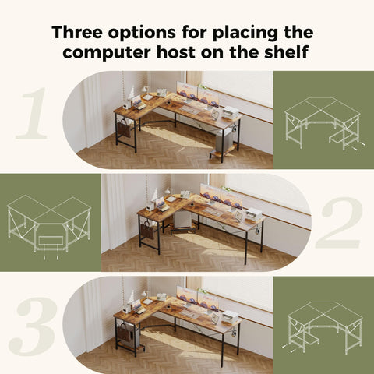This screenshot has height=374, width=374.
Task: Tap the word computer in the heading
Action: click(107, 52)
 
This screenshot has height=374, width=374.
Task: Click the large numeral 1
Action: click(33, 113)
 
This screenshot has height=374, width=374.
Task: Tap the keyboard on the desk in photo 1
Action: click(189, 110)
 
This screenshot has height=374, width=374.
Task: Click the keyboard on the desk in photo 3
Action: click(189, 314)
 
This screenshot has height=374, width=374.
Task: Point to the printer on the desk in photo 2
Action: click(254, 214)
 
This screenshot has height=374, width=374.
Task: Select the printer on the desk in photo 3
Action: click(231, 316)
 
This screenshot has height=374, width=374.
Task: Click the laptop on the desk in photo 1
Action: click(139, 103)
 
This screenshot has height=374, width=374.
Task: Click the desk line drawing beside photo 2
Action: click(49, 227)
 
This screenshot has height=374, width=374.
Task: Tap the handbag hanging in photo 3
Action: click(124, 333)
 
